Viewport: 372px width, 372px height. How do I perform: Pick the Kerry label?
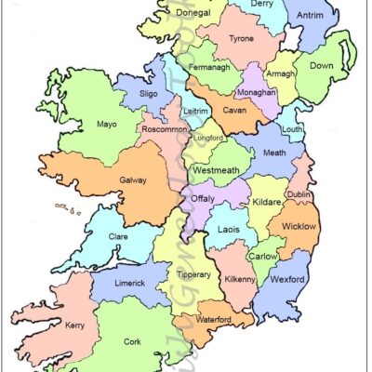(75, 325)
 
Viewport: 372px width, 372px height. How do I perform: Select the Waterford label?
(214, 319)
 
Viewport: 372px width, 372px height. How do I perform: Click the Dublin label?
(299, 194)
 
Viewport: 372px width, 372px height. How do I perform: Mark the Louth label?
(291, 129)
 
